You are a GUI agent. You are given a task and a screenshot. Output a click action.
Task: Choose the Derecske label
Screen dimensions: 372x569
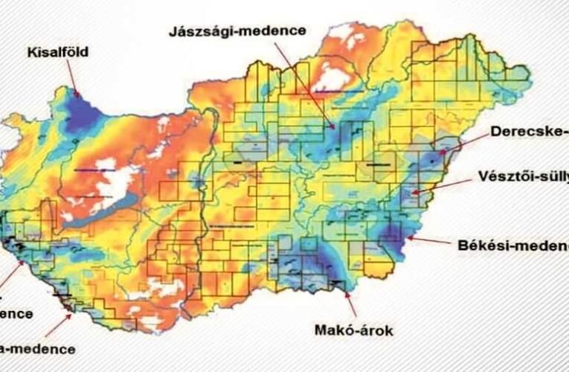[529, 132]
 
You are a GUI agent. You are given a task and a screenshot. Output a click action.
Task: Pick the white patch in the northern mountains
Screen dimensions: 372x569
[333, 78]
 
